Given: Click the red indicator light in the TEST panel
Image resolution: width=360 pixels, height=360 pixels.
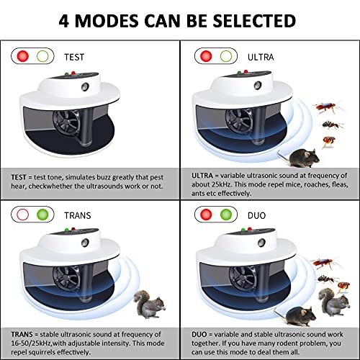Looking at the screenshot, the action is tap(23, 56).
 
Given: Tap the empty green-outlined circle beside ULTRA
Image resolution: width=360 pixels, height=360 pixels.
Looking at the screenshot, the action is tap(226, 56).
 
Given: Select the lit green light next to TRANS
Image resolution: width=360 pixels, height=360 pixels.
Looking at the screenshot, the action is tap(42, 215).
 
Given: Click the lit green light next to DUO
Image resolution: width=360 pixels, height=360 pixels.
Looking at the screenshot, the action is tap(226, 215).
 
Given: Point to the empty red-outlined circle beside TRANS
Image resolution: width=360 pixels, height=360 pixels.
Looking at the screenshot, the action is tap(23, 215).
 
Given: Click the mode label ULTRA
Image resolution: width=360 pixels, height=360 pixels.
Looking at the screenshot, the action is tap(261, 57).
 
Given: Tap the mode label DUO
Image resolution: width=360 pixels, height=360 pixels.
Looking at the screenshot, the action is tap(256, 215).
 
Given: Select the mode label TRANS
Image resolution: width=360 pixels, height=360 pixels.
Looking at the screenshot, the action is tap(78, 215).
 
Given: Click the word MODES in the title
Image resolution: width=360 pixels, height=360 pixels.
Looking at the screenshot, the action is tap(107, 21).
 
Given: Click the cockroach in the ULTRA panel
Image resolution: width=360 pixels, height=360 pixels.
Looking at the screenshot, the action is tap(328, 107).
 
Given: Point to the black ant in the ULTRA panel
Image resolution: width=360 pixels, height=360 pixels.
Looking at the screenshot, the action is tap(332, 125).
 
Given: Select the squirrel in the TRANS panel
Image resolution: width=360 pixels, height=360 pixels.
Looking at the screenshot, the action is tap(149, 305).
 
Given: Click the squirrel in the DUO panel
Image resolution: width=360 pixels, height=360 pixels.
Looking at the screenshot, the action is tap(334, 302).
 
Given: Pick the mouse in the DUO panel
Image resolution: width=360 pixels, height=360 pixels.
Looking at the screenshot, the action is tap(297, 316).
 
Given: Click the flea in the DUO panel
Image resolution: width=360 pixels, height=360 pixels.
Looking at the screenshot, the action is tap(343, 287).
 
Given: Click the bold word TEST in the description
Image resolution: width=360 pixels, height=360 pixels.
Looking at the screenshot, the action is tap(19, 177).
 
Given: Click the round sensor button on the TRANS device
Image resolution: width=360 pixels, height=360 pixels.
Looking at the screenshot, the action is tap(85, 243).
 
